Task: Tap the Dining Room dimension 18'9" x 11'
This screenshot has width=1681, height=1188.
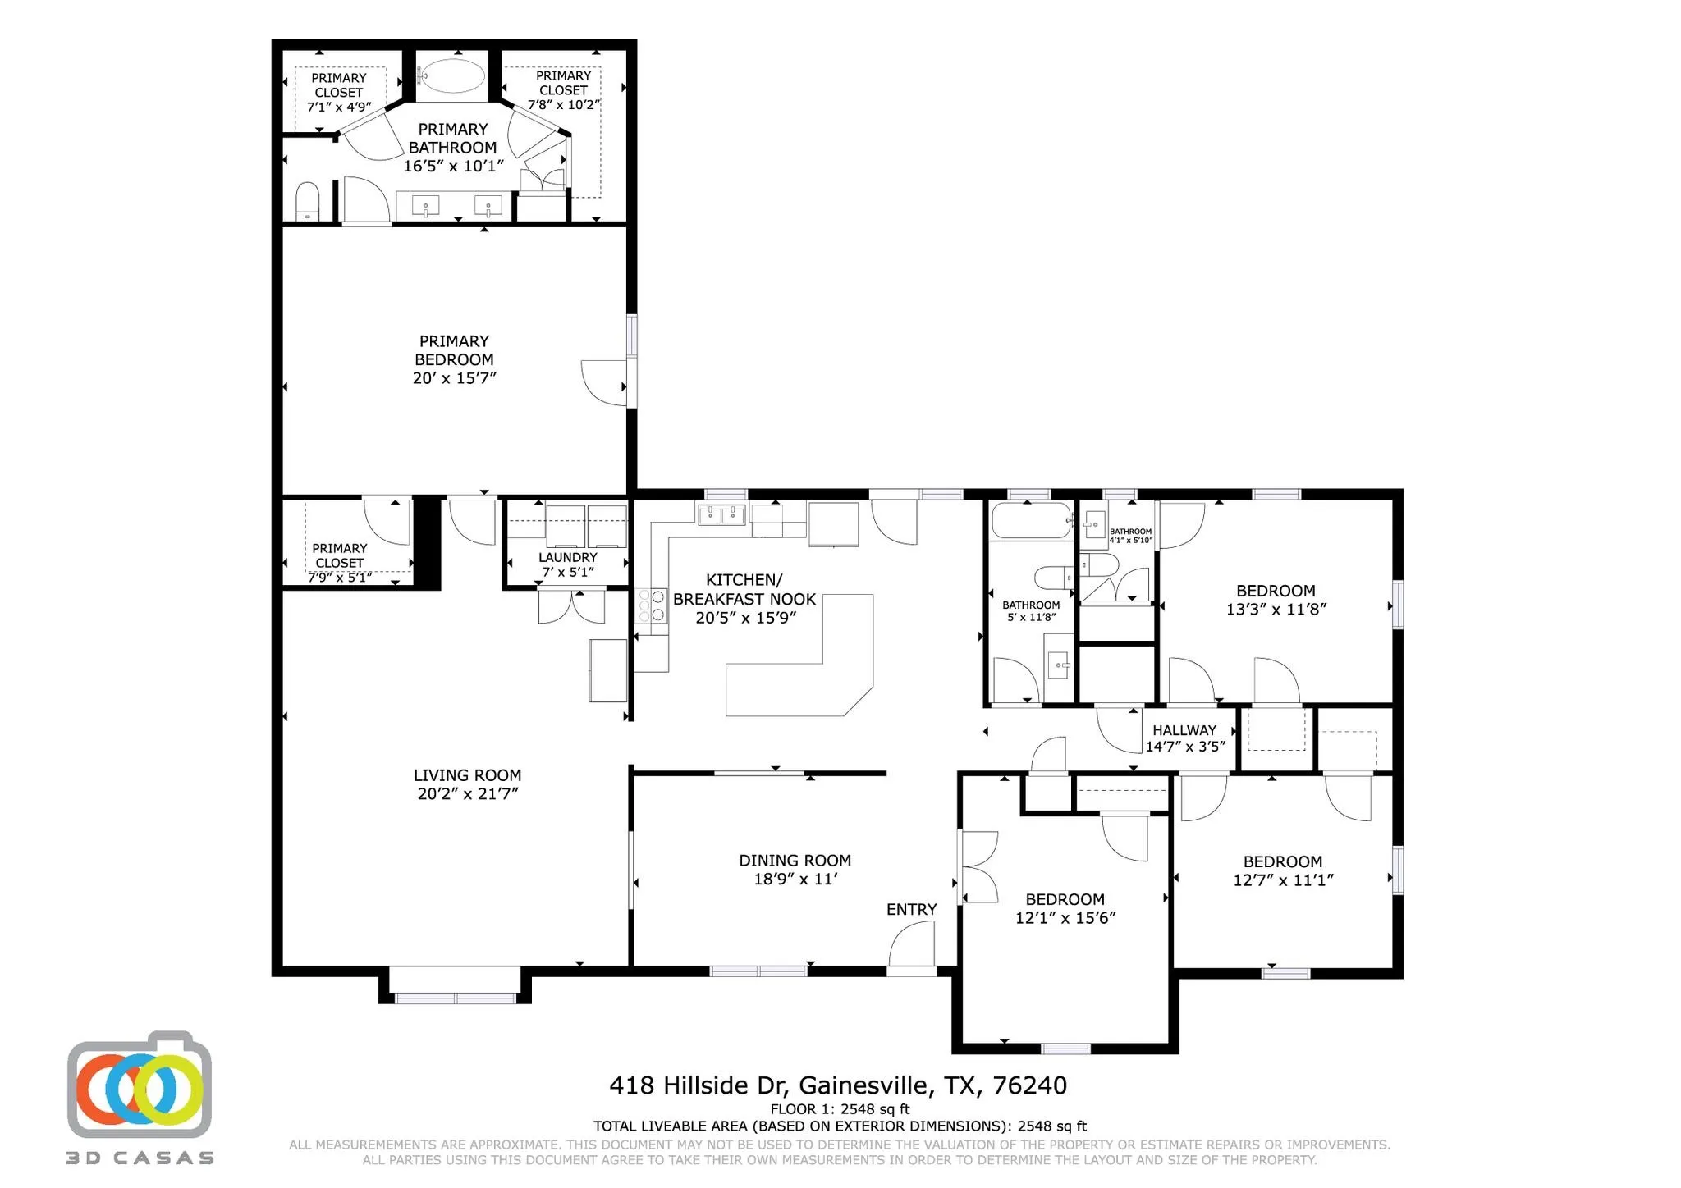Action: coord(795,879)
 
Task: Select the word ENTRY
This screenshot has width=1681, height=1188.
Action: coord(911,909)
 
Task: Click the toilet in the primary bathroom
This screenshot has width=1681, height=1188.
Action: coord(307,201)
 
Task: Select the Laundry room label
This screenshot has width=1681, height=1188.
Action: coord(567,564)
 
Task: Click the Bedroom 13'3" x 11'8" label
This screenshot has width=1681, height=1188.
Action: coord(1276,600)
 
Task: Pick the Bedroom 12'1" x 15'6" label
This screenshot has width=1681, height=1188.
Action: coord(1065,908)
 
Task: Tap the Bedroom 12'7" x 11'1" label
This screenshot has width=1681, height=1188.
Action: coord(1282,870)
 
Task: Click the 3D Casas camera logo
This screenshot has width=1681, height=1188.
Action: coord(140,1087)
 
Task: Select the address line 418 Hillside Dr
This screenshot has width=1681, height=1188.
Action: coord(837,1085)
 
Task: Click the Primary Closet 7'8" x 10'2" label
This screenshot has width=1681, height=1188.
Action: coord(563,89)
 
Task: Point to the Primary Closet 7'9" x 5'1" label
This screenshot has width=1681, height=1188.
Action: coord(339,562)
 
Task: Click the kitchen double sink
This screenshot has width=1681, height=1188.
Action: coord(721,515)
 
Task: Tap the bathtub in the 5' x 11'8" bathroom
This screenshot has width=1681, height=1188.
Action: coord(1031,520)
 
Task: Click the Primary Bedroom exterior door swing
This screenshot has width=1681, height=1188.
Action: coord(606,382)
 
